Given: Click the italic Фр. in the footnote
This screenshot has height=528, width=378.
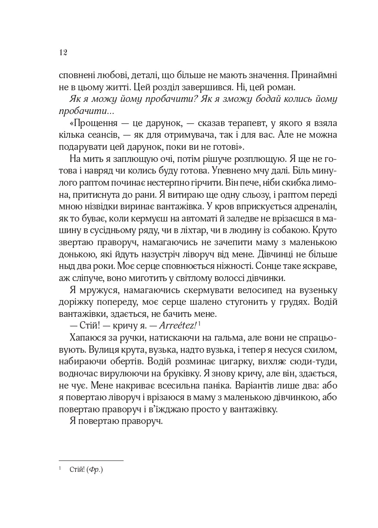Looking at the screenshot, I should coord(94,470).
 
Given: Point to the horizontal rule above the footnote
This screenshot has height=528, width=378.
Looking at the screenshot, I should coord(91,460).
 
